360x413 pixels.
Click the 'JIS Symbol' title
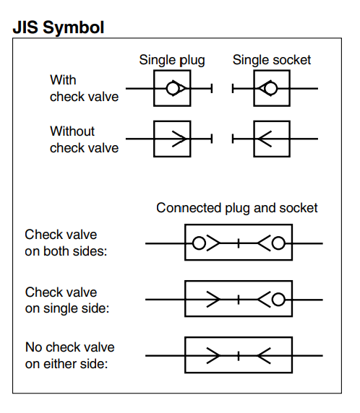[x=59, y=27]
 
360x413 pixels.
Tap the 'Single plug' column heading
[x=172, y=60]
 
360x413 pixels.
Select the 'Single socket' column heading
[x=272, y=60]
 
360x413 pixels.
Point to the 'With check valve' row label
[x=84, y=88]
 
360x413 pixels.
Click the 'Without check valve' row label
[x=84, y=139]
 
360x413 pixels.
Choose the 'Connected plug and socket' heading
[x=237, y=208]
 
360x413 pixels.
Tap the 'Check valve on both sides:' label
[x=66, y=243]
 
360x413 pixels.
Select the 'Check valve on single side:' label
[x=67, y=300]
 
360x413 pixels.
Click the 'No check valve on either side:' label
[x=70, y=355]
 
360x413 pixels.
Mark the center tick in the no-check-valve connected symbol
[x=239, y=355]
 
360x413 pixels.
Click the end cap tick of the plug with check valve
[x=212, y=88]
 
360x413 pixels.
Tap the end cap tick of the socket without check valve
[x=233, y=139]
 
